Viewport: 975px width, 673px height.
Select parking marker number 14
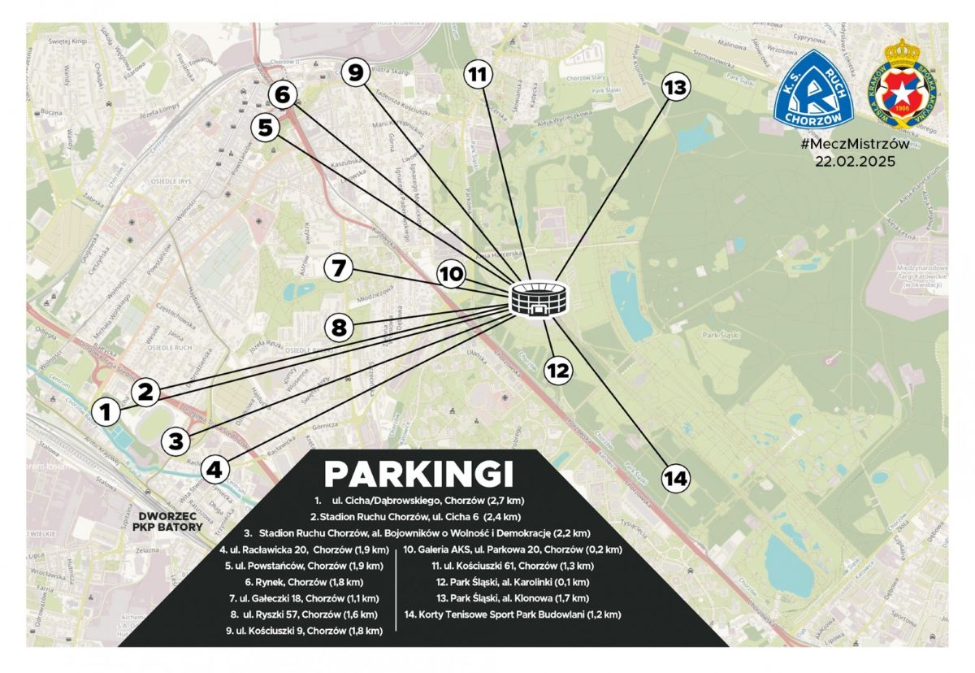[674, 478]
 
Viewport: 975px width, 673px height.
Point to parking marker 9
[355, 73]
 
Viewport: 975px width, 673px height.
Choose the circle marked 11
[479, 75]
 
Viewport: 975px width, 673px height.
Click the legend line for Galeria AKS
[513, 549]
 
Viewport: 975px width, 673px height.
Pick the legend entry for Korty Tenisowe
[512, 614]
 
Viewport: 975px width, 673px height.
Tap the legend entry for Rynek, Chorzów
[303, 582]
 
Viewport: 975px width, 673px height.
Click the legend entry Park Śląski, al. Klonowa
[513, 598]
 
